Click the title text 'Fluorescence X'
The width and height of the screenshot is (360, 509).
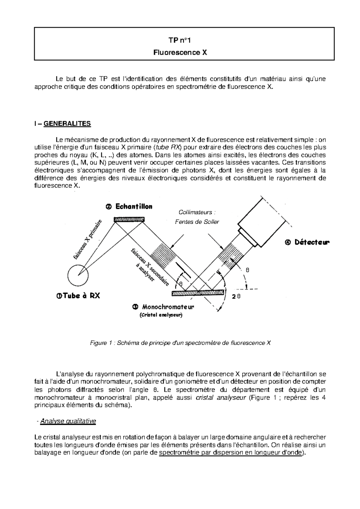[x=180, y=52]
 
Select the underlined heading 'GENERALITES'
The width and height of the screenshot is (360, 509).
[x=67, y=124]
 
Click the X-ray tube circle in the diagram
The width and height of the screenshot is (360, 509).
[x=78, y=275]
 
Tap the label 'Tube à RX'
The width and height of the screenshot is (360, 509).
[x=78, y=296]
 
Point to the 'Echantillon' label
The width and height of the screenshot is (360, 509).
[x=129, y=207]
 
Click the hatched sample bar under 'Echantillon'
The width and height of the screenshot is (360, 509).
[x=129, y=220]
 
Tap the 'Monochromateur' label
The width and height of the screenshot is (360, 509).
[x=163, y=307]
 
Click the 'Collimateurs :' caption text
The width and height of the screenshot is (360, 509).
[x=197, y=213]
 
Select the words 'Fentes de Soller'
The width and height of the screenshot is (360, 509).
[x=197, y=222]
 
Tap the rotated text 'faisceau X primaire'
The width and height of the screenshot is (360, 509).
[x=88, y=239]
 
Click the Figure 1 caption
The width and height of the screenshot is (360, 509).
[x=180, y=343]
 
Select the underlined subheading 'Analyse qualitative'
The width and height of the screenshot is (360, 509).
[x=68, y=421]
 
